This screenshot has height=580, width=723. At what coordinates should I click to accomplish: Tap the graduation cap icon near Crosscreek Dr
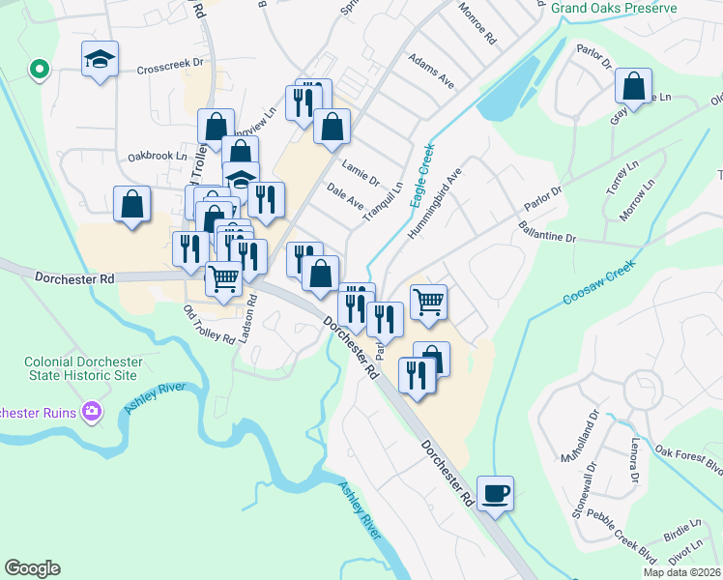(x=101, y=60)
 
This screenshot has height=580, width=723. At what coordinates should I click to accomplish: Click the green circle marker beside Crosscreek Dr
(x=40, y=70)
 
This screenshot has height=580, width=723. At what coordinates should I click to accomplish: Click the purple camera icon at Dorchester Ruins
(x=93, y=412)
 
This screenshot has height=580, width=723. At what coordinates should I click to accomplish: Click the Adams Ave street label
(x=431, y=71)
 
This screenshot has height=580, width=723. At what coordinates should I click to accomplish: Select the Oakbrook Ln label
(x=157, y=156)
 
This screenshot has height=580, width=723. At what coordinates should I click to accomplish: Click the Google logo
(x=32, y=568)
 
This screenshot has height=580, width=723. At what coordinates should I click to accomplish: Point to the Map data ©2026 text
(x=680, y=572)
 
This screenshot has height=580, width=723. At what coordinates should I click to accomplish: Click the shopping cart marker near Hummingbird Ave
(x=428, y=301)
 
